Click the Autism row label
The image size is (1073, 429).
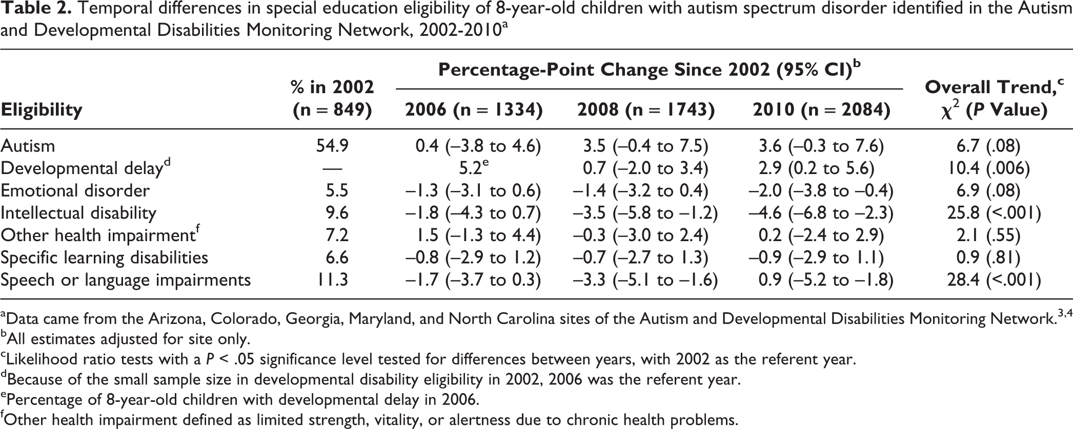point(28,146)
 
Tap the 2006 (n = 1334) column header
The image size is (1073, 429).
point(474,110)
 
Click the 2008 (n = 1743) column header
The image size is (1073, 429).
point(645,110)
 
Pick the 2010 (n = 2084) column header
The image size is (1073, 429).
point(821,110)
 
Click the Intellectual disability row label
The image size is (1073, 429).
point(78,213)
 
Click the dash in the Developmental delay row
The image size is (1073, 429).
point(333,169)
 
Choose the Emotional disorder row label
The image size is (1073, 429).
point(75,191)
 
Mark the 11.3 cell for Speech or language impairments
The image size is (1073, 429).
point(333,280)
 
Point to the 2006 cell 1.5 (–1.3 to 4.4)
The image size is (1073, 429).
point(478,235)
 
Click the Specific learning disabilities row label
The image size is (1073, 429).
point(105,258)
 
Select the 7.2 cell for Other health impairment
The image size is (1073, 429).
point(337,235)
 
